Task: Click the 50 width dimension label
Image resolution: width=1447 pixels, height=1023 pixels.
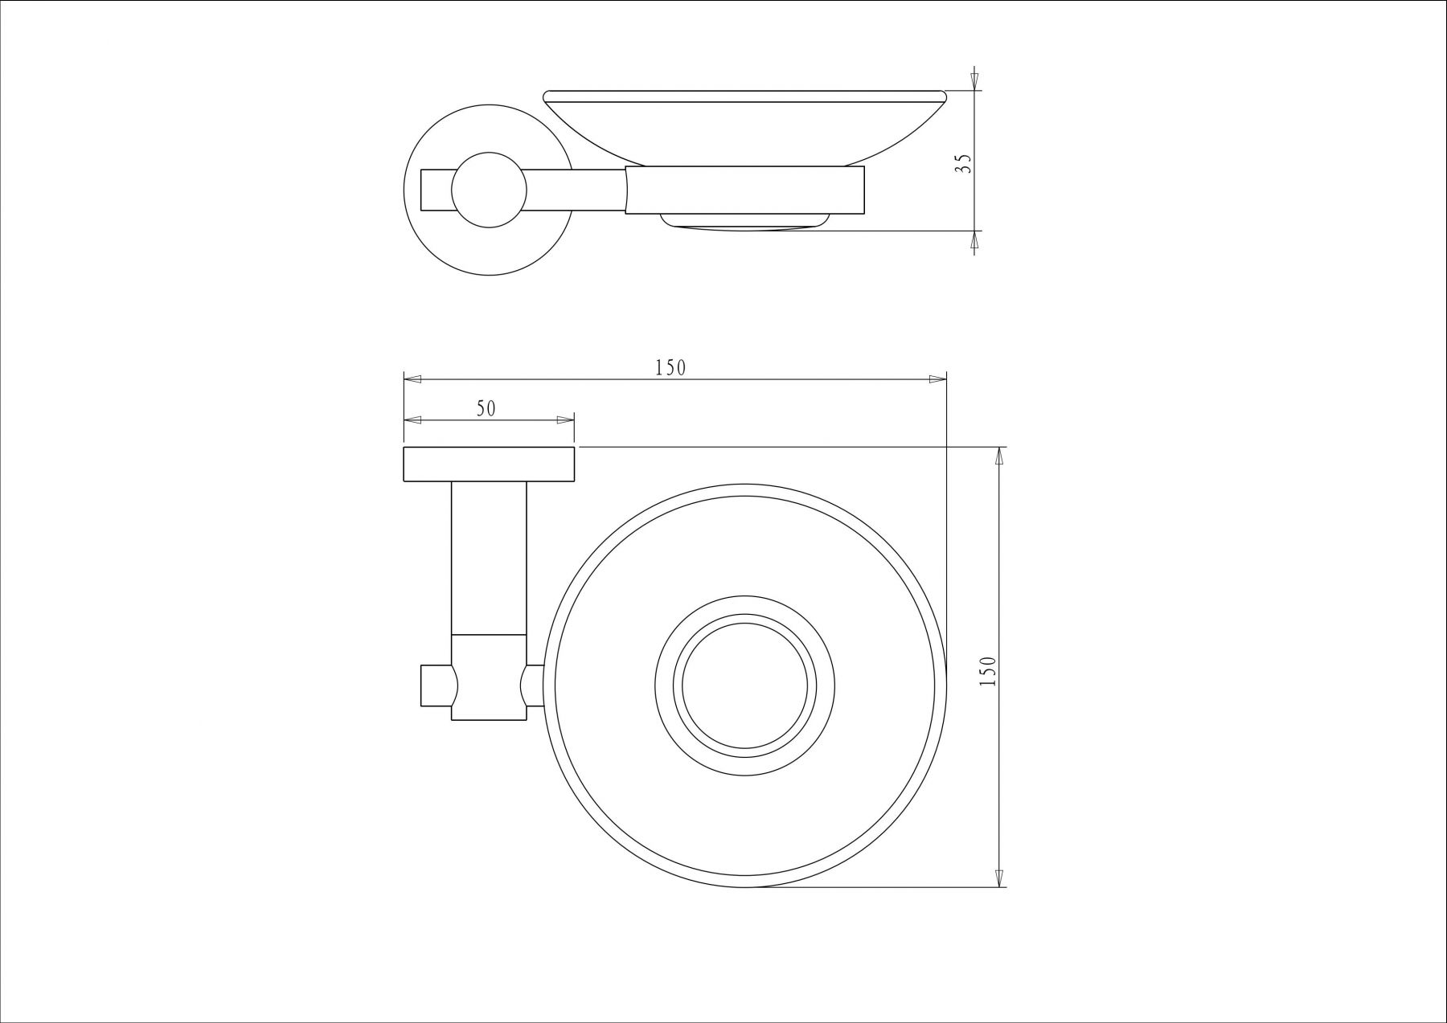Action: coord(486,408)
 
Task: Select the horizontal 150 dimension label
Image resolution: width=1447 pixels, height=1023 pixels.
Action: coord(670,368)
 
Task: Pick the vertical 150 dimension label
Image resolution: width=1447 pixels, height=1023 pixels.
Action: coord(989,670)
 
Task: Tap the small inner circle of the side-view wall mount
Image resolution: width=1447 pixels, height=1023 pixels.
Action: coord(489,191)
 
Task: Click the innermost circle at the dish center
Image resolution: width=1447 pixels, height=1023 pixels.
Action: coord(745,686)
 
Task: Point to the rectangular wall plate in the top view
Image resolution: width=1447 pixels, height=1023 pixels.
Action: coord(489,464)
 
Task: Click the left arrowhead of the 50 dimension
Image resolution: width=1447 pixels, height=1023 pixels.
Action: coord(411,419)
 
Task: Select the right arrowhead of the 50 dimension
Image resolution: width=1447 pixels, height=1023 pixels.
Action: coord(566,419)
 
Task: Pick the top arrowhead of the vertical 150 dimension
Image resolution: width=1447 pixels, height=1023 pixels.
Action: coord(999,456)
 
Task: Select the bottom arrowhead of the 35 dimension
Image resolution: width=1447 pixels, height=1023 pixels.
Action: coord(974,240)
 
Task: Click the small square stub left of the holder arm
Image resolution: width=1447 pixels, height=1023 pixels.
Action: coord(435,685)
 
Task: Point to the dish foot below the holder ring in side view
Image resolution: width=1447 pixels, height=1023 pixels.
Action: coord(744,222)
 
